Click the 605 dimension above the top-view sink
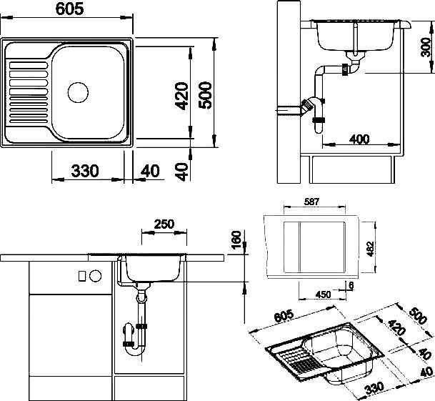coord(69,9)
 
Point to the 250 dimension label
coord(164,224)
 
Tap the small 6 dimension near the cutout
coord(352,286)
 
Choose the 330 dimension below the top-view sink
coord(85,172)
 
